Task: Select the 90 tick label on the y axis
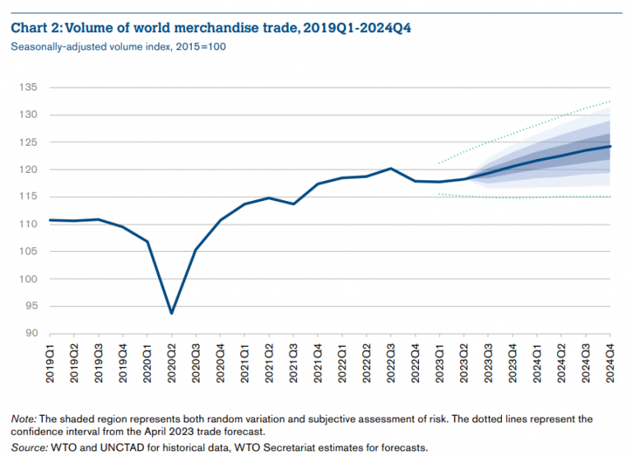[31, 333]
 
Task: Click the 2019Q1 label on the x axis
[50, 361]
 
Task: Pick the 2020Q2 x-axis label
[172, 361]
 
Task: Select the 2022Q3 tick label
[391, 361]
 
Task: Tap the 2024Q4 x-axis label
[610, 361]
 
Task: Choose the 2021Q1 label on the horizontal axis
[244, 361]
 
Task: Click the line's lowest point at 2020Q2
[171, 313]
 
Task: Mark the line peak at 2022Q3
[390, 169]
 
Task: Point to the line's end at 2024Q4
[609, 147]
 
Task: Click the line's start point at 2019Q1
[50, 220]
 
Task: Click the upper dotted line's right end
[609, 101]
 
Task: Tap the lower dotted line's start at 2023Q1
[439, 194]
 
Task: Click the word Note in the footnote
[23, 419]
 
